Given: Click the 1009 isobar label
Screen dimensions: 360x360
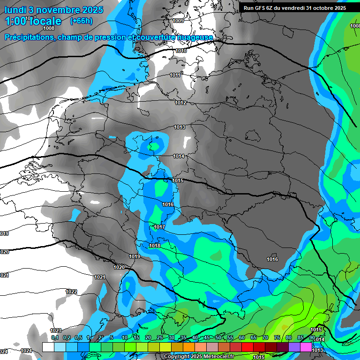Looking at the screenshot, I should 178,21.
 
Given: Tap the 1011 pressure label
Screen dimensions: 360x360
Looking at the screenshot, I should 175,75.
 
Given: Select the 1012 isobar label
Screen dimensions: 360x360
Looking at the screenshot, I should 180,103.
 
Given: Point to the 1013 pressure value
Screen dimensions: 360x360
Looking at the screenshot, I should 179,127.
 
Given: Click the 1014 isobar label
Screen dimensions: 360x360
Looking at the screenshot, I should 178,156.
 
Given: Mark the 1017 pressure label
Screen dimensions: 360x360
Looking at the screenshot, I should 159,227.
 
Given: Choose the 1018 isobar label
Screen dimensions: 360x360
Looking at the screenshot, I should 155,246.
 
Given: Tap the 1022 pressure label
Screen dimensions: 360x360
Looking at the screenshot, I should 71,292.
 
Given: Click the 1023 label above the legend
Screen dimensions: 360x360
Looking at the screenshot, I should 56,330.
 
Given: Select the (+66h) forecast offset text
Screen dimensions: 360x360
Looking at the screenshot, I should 81,21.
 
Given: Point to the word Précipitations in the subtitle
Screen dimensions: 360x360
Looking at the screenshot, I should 29,37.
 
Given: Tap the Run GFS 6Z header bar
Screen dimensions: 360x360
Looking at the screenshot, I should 295,7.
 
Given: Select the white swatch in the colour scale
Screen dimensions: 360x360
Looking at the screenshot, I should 48,347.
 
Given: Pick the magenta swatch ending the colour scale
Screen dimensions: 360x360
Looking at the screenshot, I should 306,347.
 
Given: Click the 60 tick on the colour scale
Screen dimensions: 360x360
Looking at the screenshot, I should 242,337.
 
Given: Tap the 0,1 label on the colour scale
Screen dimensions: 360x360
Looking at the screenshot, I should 55,337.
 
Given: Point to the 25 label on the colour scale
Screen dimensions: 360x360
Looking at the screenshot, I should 160,337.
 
